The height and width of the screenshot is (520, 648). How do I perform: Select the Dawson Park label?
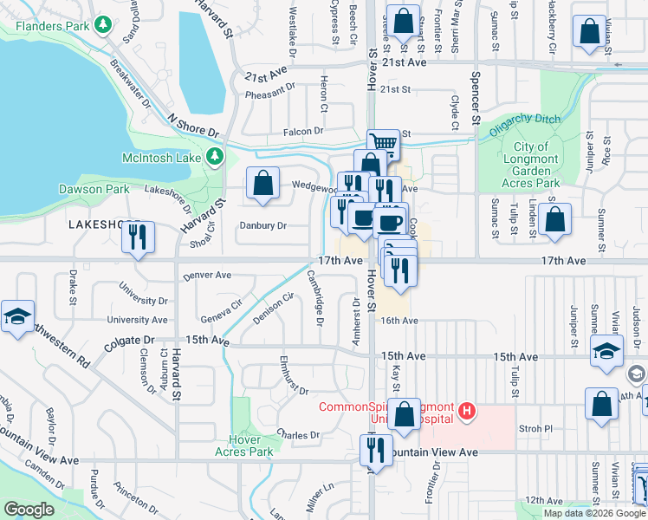pos(94,188)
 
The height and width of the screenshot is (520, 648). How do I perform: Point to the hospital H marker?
pos(467,410)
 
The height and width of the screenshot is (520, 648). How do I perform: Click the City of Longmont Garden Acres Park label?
pos(530,165)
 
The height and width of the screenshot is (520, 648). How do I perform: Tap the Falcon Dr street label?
pos(302,131)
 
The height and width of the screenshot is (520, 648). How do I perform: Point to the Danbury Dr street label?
pos(263,226)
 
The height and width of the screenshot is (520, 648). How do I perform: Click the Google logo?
pos(29,510)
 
